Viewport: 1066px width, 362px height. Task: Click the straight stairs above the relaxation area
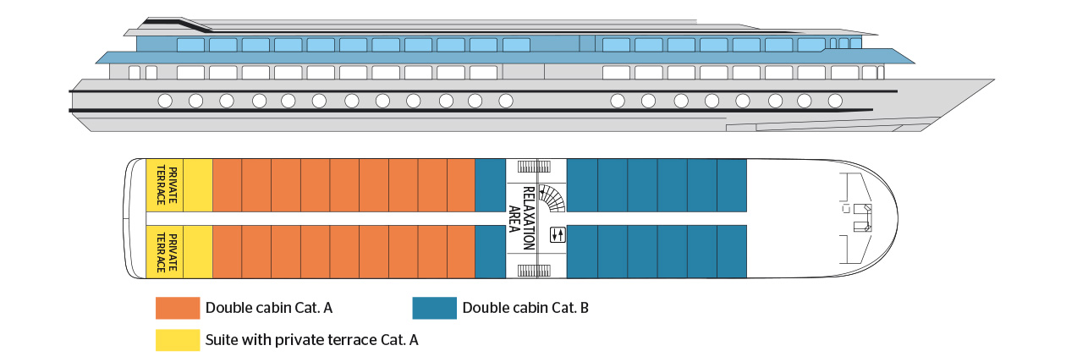tap(533, 167)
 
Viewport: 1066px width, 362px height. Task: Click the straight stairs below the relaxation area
tap(533, 270)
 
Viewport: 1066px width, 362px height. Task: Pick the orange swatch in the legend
tap(177, 308)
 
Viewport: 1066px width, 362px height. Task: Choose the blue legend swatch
tap(434, 308)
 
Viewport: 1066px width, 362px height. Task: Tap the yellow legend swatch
tap(177, 340)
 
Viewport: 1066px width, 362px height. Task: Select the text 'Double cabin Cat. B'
tap(525, 308)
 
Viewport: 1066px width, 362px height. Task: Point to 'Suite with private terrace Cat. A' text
tap(312, 340)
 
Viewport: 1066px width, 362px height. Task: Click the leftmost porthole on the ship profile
tap(165, 101)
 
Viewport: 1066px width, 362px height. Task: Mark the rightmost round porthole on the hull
tap(835, 101)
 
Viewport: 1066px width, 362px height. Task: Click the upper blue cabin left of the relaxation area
tap(491, 184)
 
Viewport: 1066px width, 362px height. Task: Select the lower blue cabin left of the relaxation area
tap(491, 252)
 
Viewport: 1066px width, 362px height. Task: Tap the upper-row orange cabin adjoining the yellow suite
tap(227, 184)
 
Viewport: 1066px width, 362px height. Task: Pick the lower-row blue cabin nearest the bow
tap(732, 252)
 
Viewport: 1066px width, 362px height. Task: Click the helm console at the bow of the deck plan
tap(862, 217)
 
